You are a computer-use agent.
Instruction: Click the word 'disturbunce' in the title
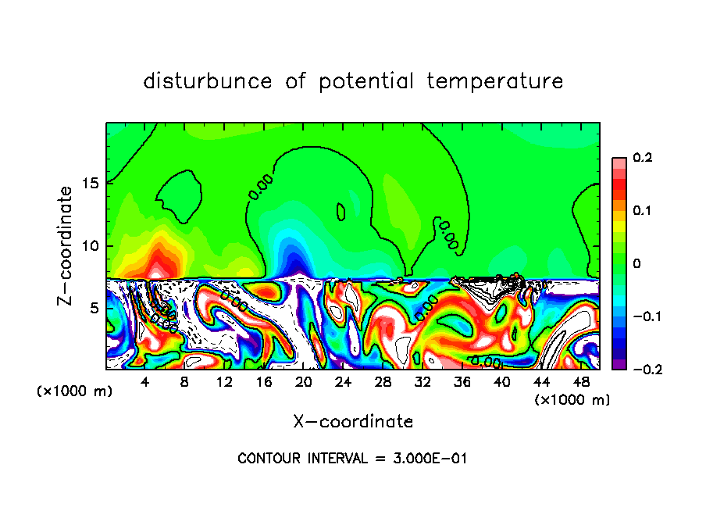pos(207,80)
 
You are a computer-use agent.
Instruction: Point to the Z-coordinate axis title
pos(66,245)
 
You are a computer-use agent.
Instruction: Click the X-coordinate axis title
pos(353,422)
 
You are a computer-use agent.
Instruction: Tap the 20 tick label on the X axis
pos(303,381)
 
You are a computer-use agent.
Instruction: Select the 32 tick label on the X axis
pos(422,381)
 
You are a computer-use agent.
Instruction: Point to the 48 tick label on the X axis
pos(580,381)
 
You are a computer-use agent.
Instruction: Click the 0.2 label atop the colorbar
pos(642,158)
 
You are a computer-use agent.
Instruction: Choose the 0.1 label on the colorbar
pos(642,211)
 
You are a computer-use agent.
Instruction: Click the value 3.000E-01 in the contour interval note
pos(429,459)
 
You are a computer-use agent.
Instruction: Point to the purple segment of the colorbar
pos(619,363)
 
